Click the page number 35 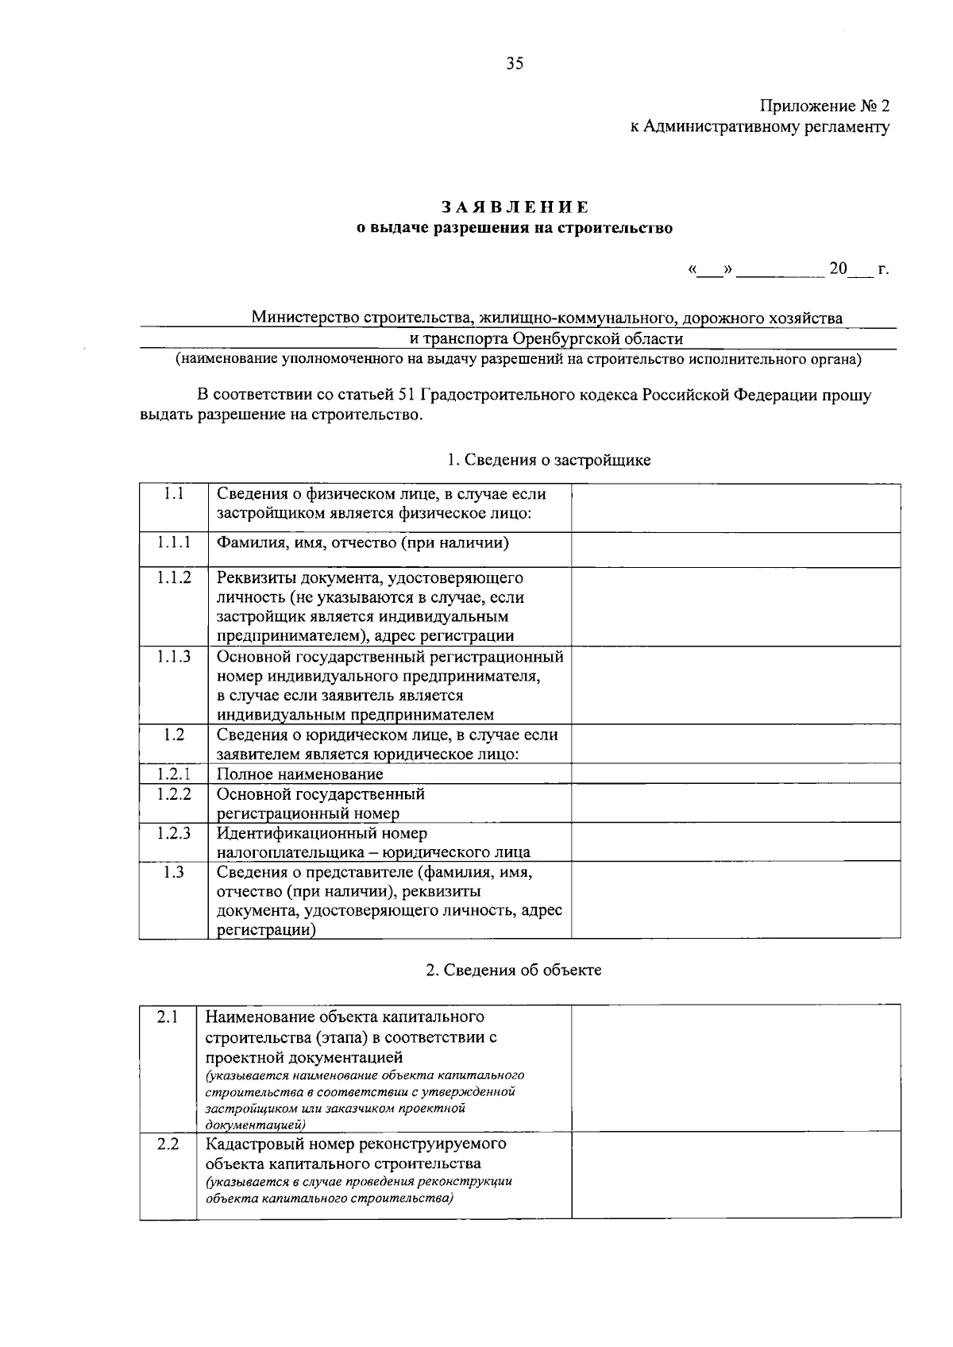coord(515,64)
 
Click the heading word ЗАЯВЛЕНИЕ coord(515,207)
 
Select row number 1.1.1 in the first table coord(173,543)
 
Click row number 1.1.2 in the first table coord(173,578)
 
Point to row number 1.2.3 coord(173,833)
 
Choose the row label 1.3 coord(173,872)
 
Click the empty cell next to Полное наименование coord(735,774)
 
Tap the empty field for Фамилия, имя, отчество coord(735,549)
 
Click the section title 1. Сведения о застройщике coord(549,460)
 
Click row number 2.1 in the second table coord(167,1017)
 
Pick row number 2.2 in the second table coord(167,1144)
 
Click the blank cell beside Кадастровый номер coord(735,1175)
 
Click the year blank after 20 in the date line coord(859,270)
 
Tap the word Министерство coord(305,318)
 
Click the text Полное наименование coord(300,774)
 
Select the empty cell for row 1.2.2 coord(735,803)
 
